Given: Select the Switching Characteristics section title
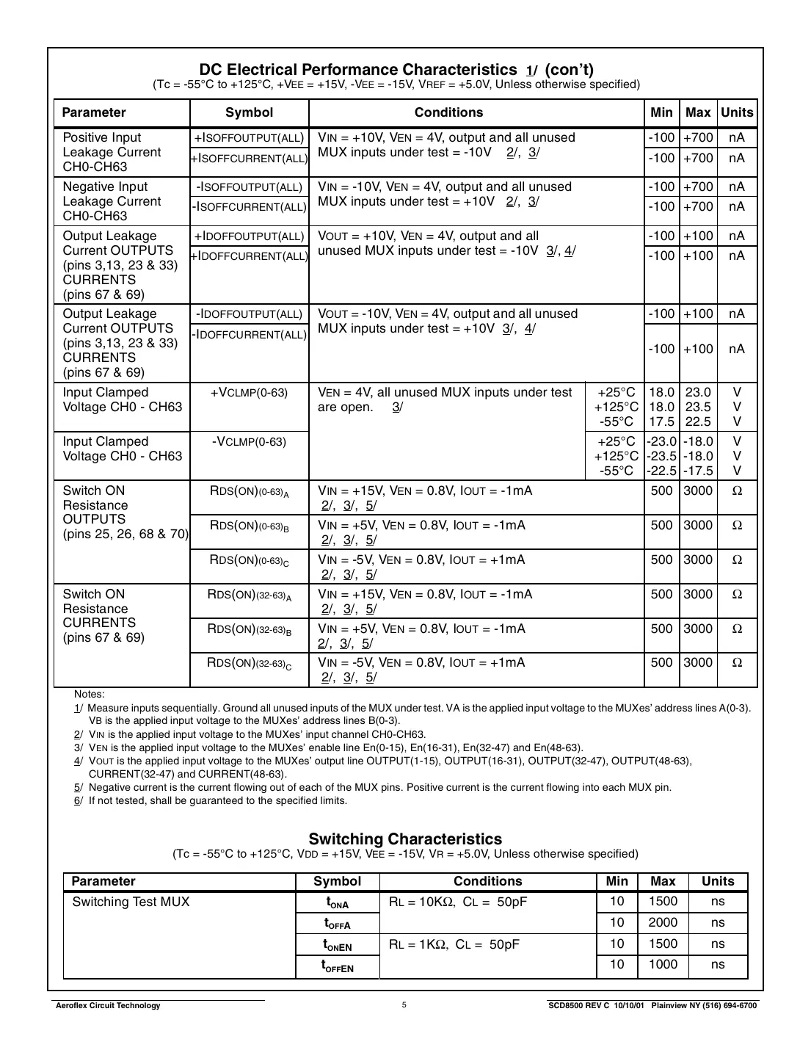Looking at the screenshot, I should (x=405, y=839).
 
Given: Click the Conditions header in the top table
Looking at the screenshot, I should (x=448, y=112).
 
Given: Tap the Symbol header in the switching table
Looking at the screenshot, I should (x=337, y=881).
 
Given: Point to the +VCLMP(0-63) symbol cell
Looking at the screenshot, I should (x=249, y=393).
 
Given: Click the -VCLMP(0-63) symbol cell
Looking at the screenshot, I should (x=249, y=442).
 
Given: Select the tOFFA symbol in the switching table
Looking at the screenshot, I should (x=337, y=923).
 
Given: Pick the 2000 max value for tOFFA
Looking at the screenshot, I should (x=663, y=922).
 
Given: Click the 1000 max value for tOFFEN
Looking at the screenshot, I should (x=663, y=964).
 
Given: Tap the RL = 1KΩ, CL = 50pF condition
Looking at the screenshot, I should (x=454, y=944).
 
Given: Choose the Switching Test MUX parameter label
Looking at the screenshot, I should (x=131, y=902).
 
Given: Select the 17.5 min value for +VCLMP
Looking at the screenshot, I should (x=661, y=421).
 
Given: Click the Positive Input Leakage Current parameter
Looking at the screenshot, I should (x=111, y=152).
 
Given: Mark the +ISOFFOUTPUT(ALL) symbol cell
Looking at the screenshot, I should (x=249, y=138).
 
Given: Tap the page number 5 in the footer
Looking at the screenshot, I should (x=404, y=1005).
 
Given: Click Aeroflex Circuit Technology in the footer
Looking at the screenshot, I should (x=108, y=1005).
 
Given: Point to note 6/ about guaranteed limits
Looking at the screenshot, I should (x=211, y=800).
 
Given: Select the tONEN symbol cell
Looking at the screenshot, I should (x=337, y=944).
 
